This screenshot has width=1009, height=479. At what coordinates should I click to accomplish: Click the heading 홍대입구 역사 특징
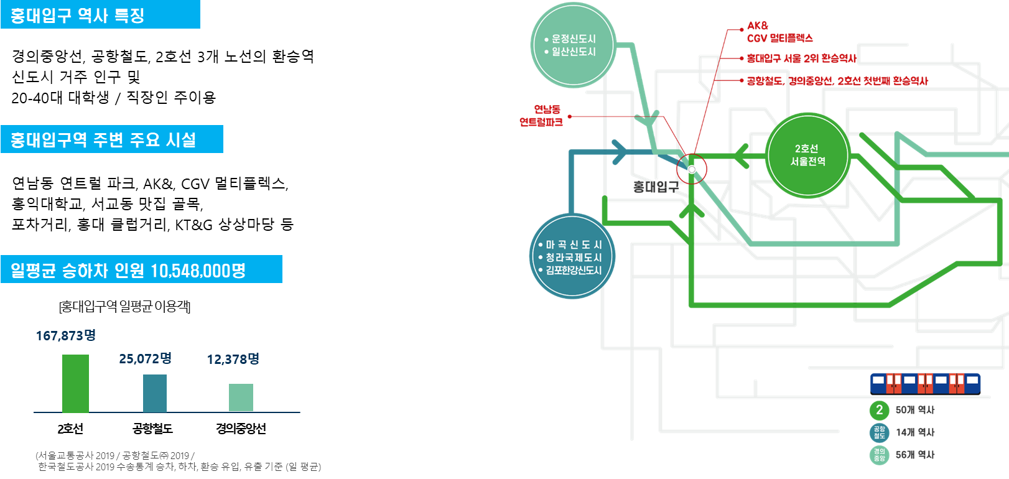[x=78, y=15]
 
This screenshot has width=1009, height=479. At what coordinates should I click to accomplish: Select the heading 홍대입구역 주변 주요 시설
[x=103, y=139]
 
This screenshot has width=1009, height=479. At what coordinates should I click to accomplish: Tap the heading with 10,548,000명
[x=128, y=270]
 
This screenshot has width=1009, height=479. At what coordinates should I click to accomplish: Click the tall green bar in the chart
[x=75, y=383]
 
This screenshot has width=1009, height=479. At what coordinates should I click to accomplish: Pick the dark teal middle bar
[x=155, y=393]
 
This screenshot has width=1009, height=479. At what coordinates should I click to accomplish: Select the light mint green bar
[x=241, y=398]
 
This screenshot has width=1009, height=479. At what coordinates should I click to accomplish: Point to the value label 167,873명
[x=65, y=336]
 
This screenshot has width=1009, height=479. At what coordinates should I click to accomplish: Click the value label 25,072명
[x=145, y=359]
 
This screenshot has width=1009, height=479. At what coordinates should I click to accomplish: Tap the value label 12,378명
[x=233, y=360]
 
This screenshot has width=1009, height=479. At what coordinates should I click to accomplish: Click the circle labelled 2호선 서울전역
[x=807, y=156]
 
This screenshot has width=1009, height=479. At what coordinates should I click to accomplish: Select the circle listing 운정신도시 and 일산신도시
[x=573, y=45]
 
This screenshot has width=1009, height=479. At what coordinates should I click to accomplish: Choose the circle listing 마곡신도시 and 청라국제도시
[x=572, y=257]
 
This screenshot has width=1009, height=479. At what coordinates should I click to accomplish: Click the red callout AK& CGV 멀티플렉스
[x=779, y=32]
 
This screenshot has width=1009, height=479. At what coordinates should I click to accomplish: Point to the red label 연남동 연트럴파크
[x=541, y=116]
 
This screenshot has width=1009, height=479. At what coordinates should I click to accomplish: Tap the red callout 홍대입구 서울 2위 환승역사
[x=801, y=58]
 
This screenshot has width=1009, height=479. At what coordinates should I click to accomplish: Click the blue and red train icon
[x=925, y=383]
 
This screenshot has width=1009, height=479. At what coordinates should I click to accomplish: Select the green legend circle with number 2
[x=879, y=410]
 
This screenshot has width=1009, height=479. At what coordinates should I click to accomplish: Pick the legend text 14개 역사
[x=914, y=432]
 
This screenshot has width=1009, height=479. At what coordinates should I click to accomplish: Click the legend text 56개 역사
[x=914, y=455]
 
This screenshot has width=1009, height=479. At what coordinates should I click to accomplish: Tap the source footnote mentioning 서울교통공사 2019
[x=178, y=461]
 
